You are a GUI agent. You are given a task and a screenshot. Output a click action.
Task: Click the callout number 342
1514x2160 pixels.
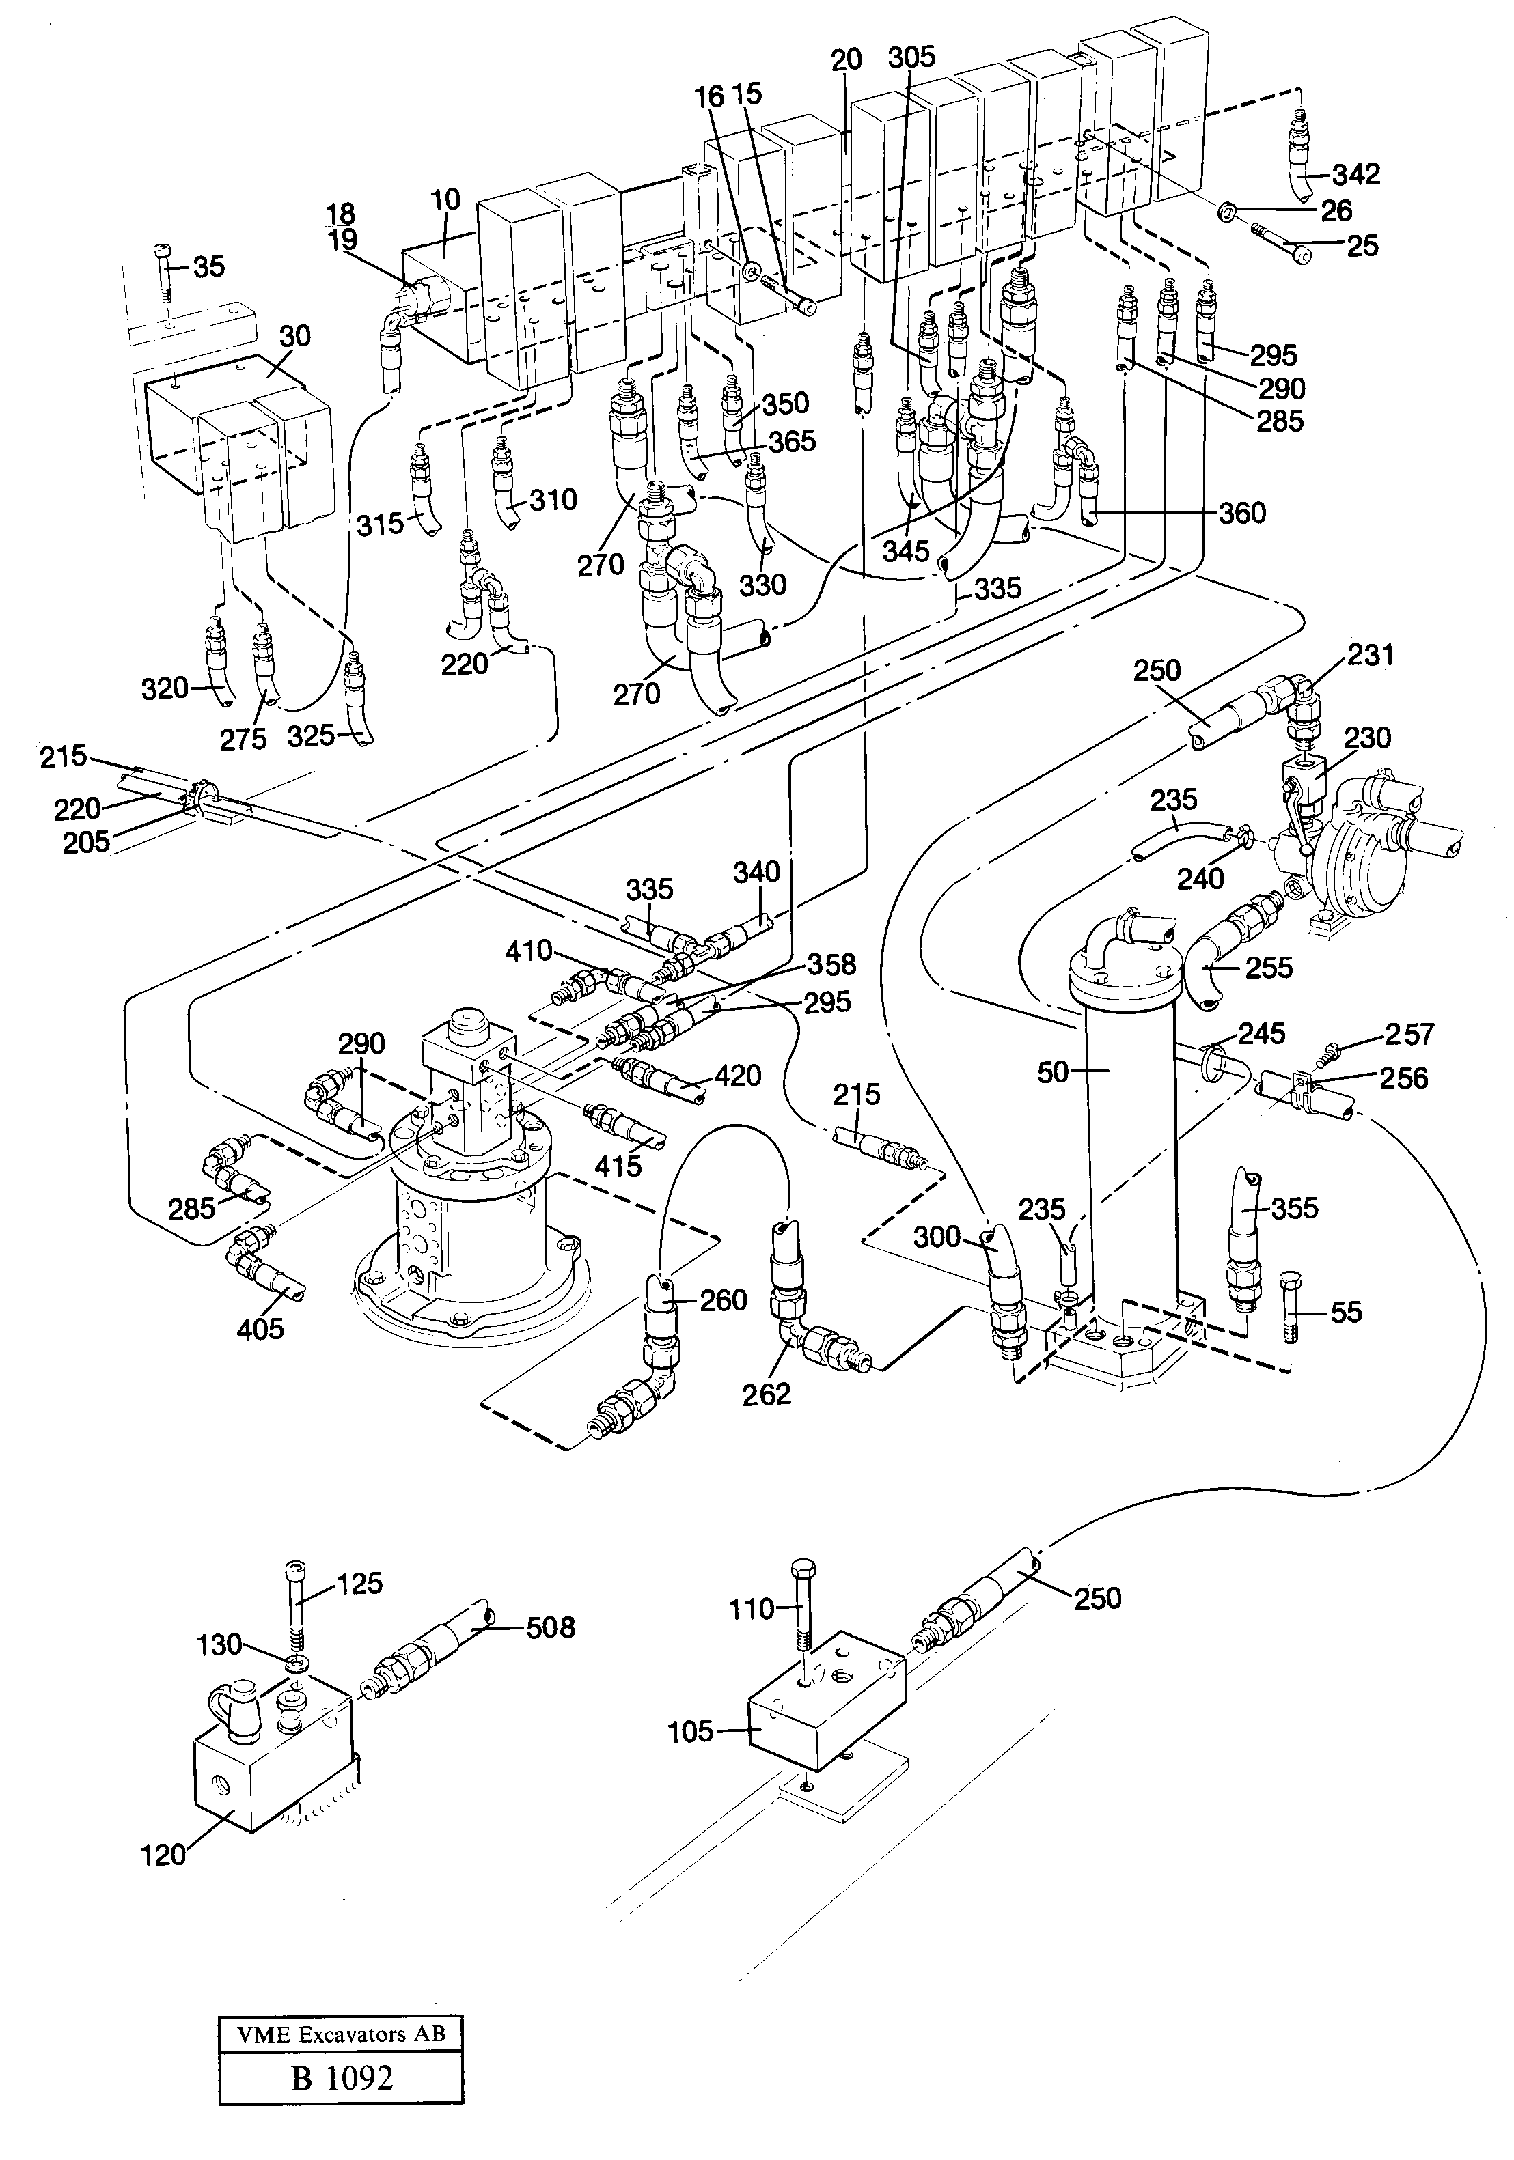[x=1356, y=174]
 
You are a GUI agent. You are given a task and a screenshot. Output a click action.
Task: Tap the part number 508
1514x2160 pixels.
[x=551, y=1627]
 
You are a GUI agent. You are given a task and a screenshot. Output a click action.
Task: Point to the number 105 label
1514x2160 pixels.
[x=691, y=1731]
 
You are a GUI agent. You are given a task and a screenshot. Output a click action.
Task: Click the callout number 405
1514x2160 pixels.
[x=260, y=1328]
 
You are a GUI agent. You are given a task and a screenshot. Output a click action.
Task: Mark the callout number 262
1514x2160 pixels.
[x=766, y=1393]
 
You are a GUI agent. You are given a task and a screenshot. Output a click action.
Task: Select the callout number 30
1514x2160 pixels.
[x=295, y=336]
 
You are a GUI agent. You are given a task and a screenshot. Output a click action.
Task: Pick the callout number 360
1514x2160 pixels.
[x=1242, y=513]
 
